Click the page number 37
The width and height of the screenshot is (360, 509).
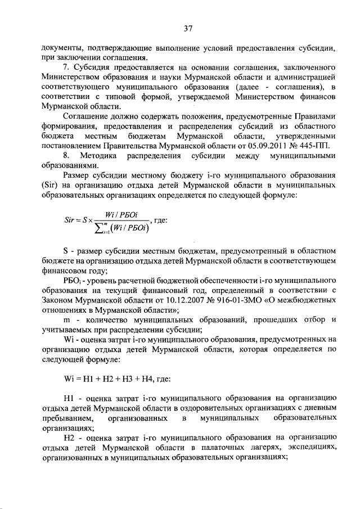[188, 29]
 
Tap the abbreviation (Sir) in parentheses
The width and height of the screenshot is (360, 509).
[51, 184]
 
